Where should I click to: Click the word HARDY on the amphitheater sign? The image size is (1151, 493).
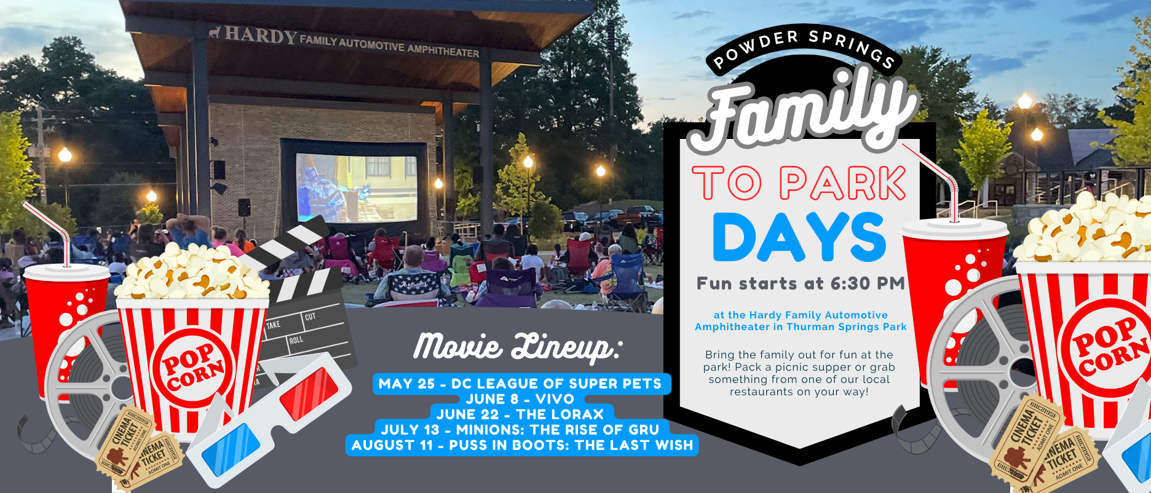261,34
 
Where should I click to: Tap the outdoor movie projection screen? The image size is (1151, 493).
356,187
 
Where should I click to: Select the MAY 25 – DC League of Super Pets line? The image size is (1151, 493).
520,384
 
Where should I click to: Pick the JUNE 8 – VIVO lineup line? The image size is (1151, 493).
520,399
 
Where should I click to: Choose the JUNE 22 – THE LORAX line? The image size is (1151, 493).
520,414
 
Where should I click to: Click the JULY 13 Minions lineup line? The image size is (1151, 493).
520,430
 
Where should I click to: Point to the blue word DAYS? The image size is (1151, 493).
799,237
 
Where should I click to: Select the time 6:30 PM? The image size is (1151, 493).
868,283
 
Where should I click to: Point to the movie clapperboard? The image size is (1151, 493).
301,301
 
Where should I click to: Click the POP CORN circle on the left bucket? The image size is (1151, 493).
192,368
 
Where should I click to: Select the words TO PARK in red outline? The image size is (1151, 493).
799,183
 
